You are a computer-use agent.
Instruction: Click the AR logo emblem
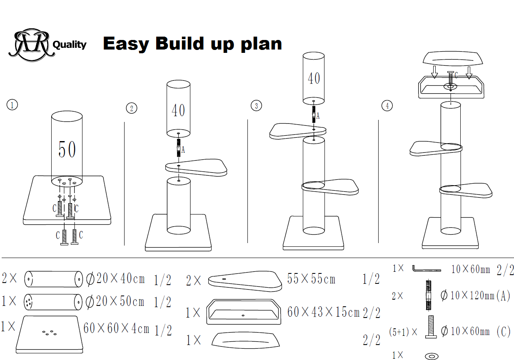[32, 45]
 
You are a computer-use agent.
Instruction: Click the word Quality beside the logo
[70, 45]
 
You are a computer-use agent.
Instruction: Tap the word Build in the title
[180, 43]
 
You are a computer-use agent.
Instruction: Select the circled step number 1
[12, 105]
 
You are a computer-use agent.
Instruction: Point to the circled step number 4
[387, 106]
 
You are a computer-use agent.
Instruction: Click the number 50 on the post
[67, 149]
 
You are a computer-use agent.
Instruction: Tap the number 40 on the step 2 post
[178, 110]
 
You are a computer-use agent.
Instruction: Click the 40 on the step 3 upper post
[314, 78]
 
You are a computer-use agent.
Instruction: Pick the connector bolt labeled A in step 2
[179, 148]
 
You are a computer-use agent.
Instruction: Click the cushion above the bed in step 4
[453, 59]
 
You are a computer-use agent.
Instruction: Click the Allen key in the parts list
[427, 268]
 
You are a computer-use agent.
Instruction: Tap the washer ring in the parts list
[432, 356]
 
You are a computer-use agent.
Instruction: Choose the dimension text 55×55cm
[311, 279]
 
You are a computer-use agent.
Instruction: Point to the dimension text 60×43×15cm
[323, 312]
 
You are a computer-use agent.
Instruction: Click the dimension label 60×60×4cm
[116, 328]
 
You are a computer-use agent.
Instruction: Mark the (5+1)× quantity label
[403, 332]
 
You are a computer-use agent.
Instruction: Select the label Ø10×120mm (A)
[475, 295]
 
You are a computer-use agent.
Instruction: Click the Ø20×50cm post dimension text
[115, 301]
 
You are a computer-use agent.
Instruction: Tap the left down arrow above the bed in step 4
[434, 72]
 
